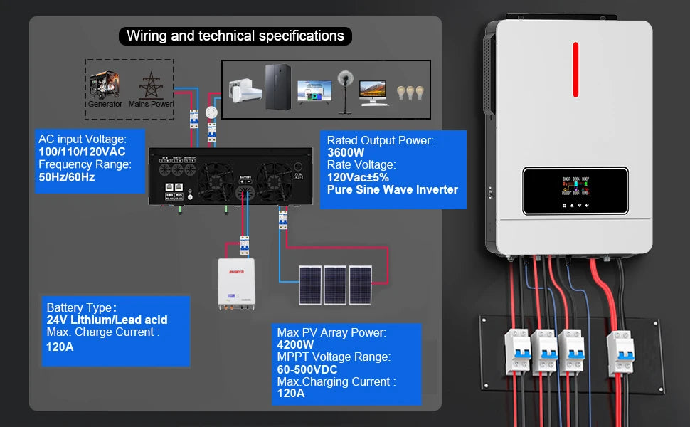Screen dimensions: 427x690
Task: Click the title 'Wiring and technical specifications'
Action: point(235,36)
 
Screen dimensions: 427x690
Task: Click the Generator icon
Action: point(104,86)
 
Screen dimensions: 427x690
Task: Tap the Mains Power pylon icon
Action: point(151,86)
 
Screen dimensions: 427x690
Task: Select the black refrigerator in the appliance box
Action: point(277,88)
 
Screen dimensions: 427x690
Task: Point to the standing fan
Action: point(345,89)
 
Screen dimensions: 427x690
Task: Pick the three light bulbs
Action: point(410,93)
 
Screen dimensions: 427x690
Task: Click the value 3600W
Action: point(346,152)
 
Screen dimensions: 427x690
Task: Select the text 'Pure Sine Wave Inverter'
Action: point(392,189)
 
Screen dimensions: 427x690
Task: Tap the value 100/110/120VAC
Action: point(82,152)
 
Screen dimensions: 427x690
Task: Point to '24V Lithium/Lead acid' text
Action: point(107,320)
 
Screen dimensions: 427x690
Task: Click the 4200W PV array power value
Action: point(296,344)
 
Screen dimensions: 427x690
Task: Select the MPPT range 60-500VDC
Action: point(307,369)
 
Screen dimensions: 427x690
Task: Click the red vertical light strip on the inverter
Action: point(575,66)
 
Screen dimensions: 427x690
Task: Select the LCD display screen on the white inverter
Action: point(575,191)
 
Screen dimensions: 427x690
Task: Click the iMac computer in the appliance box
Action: point(374,92)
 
